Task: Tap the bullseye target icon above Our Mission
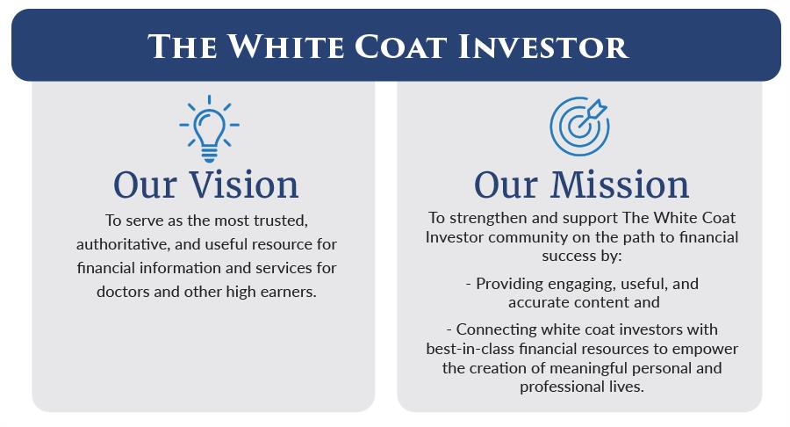tap(579, 126)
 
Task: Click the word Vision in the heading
tap(244, 185)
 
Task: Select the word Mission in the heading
tap(619, 185)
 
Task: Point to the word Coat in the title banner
tap(400, 47)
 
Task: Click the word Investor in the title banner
tap(543, 47)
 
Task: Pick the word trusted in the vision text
tap(281, 221)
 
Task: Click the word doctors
tap(123, 292)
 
